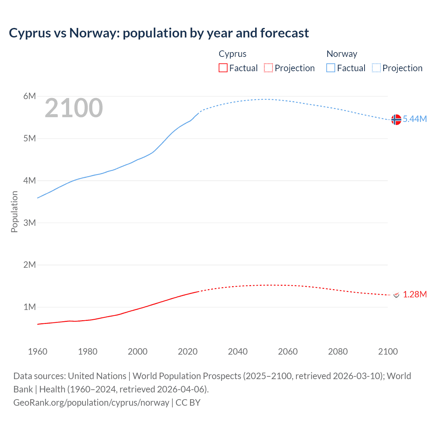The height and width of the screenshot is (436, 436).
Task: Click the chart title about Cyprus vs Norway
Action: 159,33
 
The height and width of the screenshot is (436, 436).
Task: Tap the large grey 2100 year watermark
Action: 74,108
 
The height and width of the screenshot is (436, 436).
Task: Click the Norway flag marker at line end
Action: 396,120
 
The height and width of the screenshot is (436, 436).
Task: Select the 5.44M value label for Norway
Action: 415,119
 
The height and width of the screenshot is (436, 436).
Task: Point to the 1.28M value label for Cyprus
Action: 415,294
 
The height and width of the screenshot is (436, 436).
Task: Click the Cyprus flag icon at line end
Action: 396,295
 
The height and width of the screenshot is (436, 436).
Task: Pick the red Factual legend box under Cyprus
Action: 223,68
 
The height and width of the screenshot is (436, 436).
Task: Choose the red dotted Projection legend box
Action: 268,68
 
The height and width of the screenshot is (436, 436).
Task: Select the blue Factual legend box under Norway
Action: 330,68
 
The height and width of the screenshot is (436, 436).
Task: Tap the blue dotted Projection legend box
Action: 376,68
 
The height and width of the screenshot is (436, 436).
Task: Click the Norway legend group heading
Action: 342,54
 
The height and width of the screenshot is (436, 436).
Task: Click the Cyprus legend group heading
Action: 232,54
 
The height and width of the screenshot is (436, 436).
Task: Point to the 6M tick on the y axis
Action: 30,96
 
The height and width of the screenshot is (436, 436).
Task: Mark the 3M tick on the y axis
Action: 30,223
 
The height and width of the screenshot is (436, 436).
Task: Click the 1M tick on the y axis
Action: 30,307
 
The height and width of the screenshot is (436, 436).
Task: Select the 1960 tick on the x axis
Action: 37,352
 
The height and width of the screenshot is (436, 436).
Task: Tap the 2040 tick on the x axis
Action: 238,352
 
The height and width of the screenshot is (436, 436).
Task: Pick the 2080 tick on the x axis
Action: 338,352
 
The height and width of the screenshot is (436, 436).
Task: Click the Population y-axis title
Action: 14,212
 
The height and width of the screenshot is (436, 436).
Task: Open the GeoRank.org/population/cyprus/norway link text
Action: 91,403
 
